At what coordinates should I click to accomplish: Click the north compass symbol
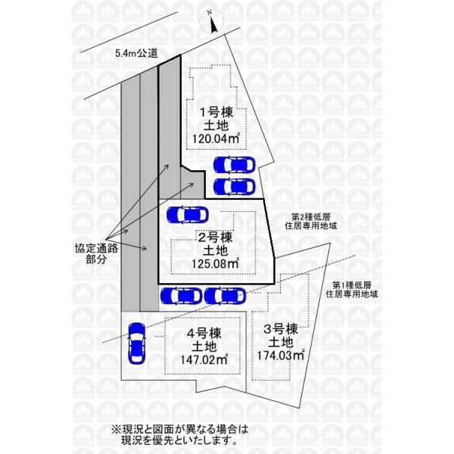point(212,21)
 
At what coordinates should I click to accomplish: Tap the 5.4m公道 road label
point(136,53)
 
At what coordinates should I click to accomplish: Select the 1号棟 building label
point(217,112)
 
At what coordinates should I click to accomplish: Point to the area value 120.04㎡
point(216,138)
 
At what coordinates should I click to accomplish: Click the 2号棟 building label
point(215,238)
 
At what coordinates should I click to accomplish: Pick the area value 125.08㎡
point(216,263)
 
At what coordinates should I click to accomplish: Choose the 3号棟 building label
point(281,329)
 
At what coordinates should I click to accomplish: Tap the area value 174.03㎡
point(281,355)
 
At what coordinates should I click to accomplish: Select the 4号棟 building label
point(204,334)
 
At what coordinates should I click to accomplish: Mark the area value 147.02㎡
point(204,359)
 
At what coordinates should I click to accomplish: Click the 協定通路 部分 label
point(96,253)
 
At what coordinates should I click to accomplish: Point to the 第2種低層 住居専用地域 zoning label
point(311,221)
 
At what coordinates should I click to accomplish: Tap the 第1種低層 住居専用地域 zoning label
point(352,290)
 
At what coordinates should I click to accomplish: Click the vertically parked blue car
point(137,344)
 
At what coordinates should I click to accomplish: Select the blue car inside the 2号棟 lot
point(188,215)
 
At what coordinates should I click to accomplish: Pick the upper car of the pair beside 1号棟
point(235,165)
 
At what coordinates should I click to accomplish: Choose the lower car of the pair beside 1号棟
point(235,186)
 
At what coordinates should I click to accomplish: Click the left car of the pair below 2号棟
point(182,296)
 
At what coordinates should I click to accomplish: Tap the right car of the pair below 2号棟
point(225,296)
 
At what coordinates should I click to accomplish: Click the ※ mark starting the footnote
point(116,429)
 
